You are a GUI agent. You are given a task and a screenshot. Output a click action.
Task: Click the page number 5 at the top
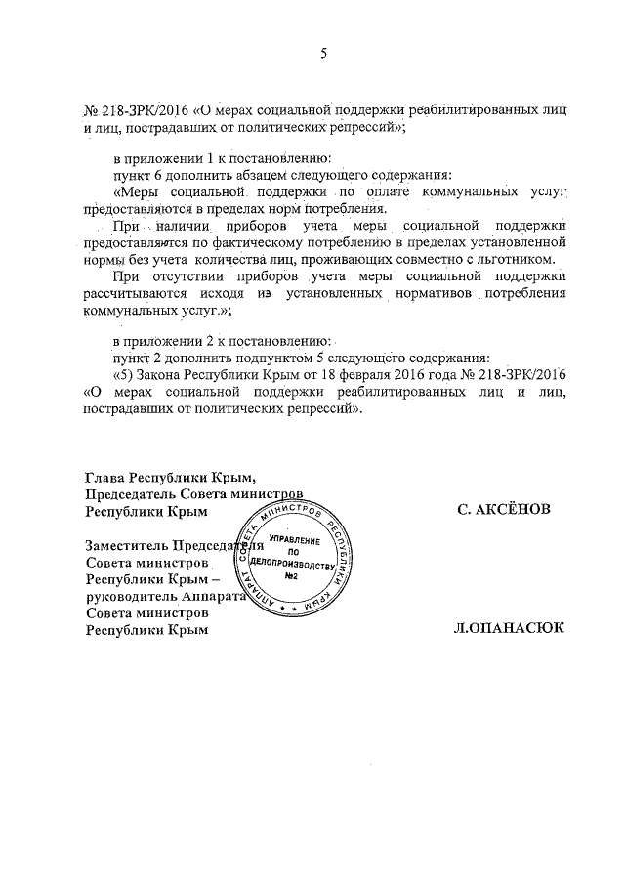(322, 54)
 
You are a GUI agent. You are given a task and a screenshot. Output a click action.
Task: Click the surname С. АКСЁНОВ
(503, 510)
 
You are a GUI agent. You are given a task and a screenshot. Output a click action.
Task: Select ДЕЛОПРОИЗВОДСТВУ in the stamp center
(290, 565)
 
